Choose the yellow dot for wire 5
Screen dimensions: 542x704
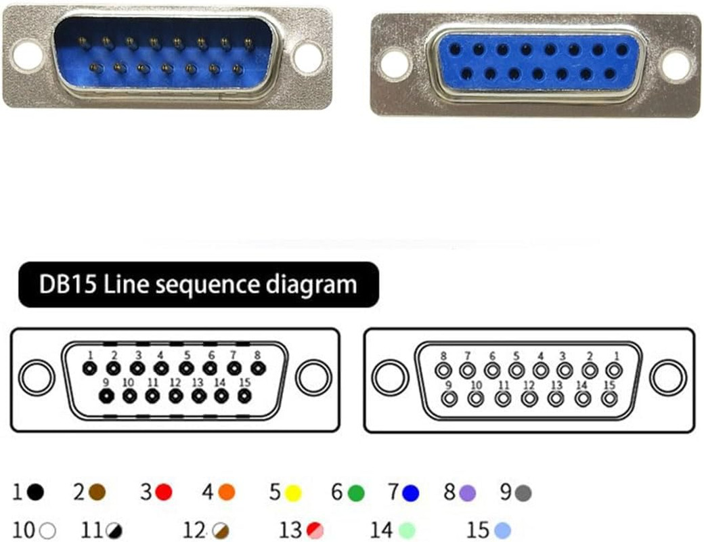tap(292, 493)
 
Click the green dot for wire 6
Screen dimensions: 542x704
tap(356, 493)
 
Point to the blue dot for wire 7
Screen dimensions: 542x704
tap(410, 493)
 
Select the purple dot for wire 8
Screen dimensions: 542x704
tap(467, 493)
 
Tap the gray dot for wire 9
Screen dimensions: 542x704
tap(523, 493)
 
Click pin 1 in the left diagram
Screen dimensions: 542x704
tap(89, 369)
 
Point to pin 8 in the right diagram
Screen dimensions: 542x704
tap(443, 371)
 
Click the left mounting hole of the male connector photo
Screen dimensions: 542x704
tap(27, 56)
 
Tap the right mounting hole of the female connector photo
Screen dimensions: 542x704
tap(676, 65)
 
